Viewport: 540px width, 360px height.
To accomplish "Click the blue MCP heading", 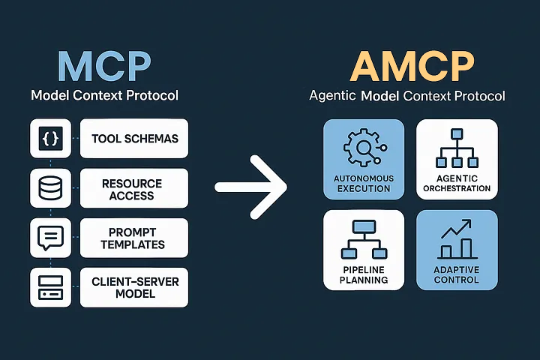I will pos(105,66).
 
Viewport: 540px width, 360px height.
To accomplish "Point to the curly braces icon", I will pos(49,139).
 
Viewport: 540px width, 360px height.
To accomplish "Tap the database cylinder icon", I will pos(49,188).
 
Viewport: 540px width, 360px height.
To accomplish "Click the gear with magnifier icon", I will pos(362,148).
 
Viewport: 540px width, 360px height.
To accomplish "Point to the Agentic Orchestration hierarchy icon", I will pos(456,148).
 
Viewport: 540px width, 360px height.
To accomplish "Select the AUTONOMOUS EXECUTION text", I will pos(363,183).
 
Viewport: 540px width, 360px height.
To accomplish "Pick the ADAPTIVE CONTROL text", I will pos(456,274).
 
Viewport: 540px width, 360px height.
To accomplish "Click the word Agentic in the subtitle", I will pos(333,97).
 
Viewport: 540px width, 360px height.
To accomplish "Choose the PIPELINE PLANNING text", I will pos(363,274).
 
